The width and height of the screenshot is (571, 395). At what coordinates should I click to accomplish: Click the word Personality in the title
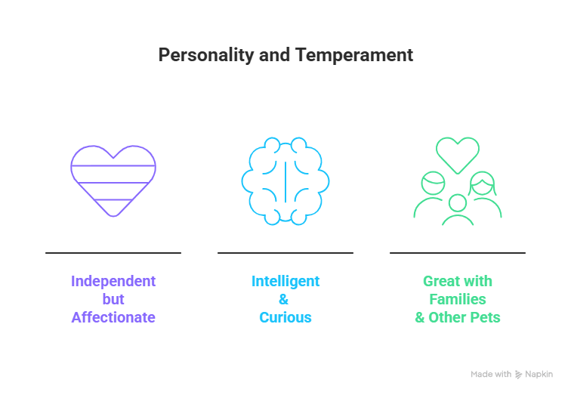[206, 56]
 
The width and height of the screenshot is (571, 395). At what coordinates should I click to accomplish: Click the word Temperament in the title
[354, 55]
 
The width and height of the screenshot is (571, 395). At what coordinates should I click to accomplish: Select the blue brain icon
[285, 181]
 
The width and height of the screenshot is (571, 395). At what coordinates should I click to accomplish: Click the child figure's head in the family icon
[458, 202]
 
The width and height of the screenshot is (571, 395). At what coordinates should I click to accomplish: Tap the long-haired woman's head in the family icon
[482, 184]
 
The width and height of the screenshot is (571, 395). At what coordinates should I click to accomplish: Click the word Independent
[113, 281]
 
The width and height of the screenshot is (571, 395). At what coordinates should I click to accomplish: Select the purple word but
[113, 299]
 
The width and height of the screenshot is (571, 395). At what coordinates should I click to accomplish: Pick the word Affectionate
[113, 317]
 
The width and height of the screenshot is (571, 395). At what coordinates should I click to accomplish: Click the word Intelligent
[285, 281]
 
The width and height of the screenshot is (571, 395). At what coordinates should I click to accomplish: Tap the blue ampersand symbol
[284, 299]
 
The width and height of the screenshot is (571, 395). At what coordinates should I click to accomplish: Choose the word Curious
[285, 317]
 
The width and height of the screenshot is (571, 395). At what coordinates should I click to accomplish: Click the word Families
[458, 299]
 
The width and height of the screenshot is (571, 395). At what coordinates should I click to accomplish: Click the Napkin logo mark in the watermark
[519, 375]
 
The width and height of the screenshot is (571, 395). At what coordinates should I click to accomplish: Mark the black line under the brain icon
[285, 253]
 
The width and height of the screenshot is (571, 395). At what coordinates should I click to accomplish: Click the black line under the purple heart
[113, 253]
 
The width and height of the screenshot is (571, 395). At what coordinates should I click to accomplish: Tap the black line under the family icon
[458, 253]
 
